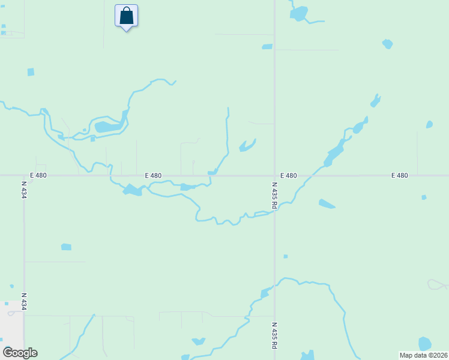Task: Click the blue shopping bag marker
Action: [x=126, y=16]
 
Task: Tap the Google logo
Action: [x=20, y=353]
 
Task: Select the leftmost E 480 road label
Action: [x=38, y=176]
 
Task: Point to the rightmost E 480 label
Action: [x=399, y=176]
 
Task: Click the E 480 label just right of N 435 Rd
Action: [x=288, y=176]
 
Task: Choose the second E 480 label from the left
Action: [x=153, y=176]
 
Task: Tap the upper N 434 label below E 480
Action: [x=24, y=190]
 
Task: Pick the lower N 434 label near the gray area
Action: [x=24, y=302]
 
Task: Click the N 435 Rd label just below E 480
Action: [x=274, y=196]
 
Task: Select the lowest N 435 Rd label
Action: [x=274, y=335]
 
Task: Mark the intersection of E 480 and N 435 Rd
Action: [x=275, y=176]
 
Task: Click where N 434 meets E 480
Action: [x=24, y=176]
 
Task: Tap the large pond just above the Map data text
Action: [x=424, y=344]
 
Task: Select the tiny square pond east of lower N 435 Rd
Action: [x=285, y=256]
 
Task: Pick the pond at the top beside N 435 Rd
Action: [x=298, y=13]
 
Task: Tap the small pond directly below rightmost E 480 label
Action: [x=424, y=197]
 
